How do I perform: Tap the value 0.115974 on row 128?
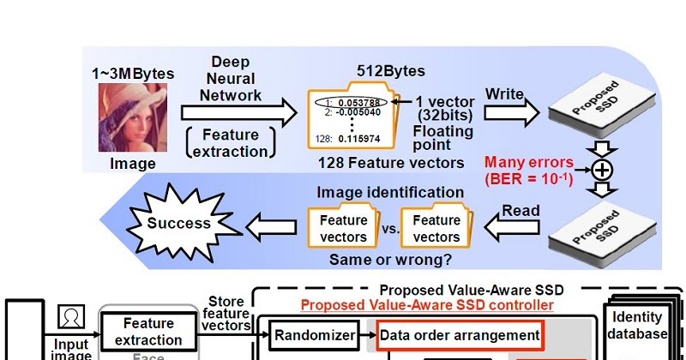[361, 139]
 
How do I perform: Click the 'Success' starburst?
[179, 224]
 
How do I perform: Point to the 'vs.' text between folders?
[389, 229]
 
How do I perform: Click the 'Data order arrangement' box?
[460, 334]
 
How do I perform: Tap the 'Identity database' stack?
[637, 326]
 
